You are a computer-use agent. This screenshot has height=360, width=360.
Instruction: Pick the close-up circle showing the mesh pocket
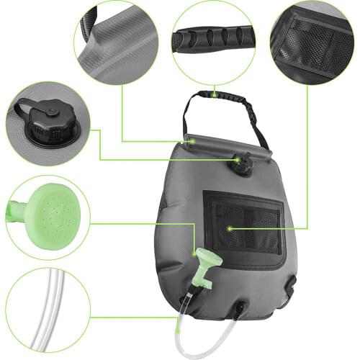click(311, 42)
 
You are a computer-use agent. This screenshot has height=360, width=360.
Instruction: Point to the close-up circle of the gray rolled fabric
click(117, 41)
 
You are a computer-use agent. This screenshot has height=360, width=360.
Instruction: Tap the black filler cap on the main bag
click(243, 166)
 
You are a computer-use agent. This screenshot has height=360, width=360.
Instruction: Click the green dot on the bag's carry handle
click(214, 94)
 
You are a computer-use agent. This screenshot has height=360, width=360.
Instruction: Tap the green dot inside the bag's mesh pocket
click(229, 228)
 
